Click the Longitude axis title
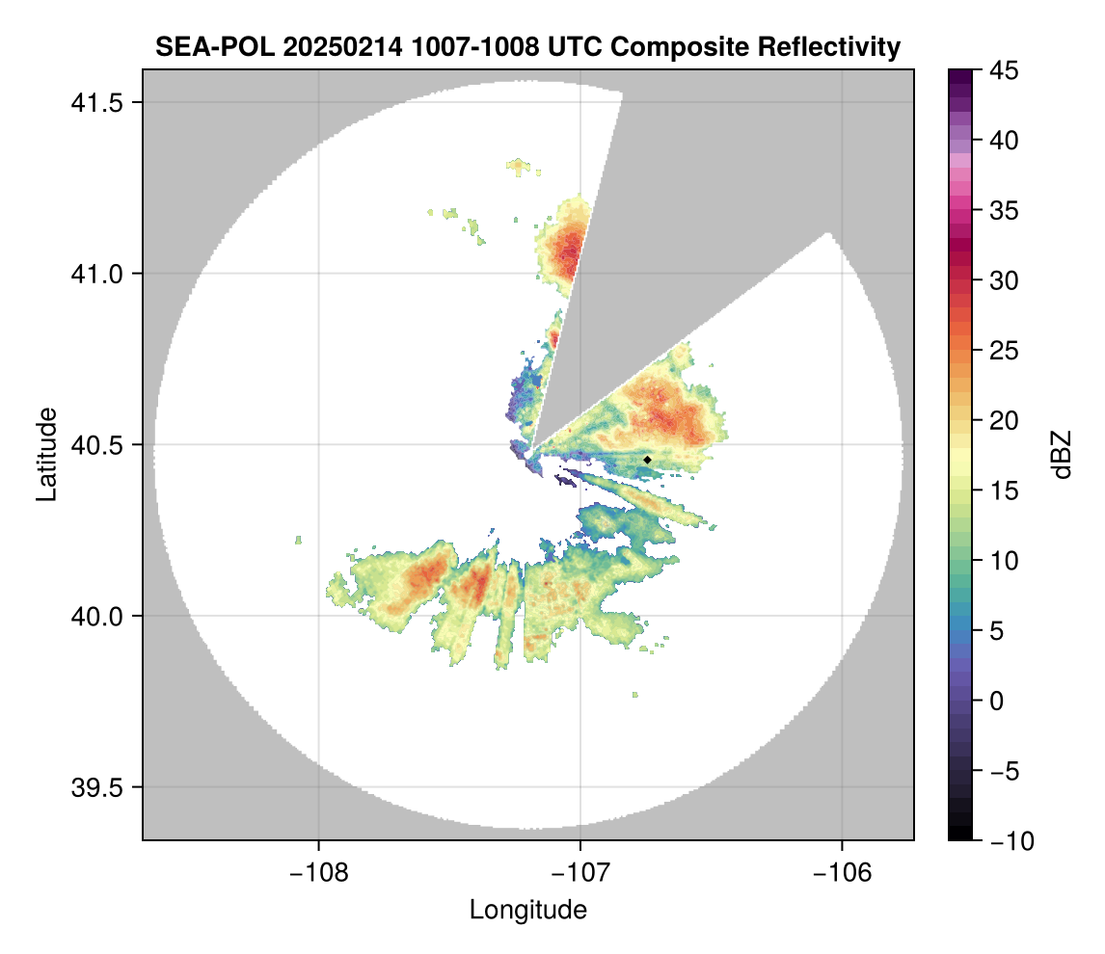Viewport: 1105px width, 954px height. [x=527, y=910]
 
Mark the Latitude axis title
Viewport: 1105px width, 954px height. [x=45, y=454]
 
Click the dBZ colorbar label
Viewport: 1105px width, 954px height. [x=1062, y=455]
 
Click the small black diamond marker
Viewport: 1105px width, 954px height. [x=647, y=460]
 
